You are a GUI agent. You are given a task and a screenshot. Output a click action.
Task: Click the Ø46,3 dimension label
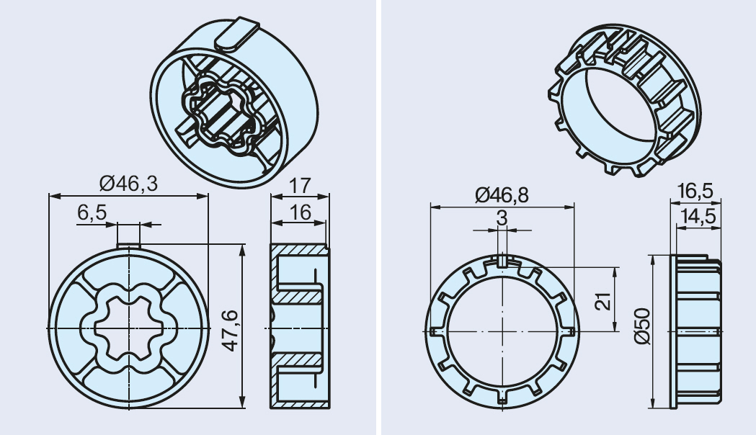(129, 184)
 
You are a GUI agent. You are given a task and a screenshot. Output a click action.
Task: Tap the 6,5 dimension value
(92, 212)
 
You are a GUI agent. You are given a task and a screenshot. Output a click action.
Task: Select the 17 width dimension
(300, 186)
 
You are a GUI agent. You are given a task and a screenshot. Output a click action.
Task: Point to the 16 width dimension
(300, 212)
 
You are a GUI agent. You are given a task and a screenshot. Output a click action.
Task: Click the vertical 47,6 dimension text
(231, 331)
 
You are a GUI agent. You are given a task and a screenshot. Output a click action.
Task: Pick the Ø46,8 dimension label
(502, 194)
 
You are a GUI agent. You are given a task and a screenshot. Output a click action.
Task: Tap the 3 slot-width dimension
(502, 218)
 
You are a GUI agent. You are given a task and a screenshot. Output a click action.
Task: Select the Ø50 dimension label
(643, 326)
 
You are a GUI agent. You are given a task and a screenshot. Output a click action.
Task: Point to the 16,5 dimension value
(695, 191)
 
